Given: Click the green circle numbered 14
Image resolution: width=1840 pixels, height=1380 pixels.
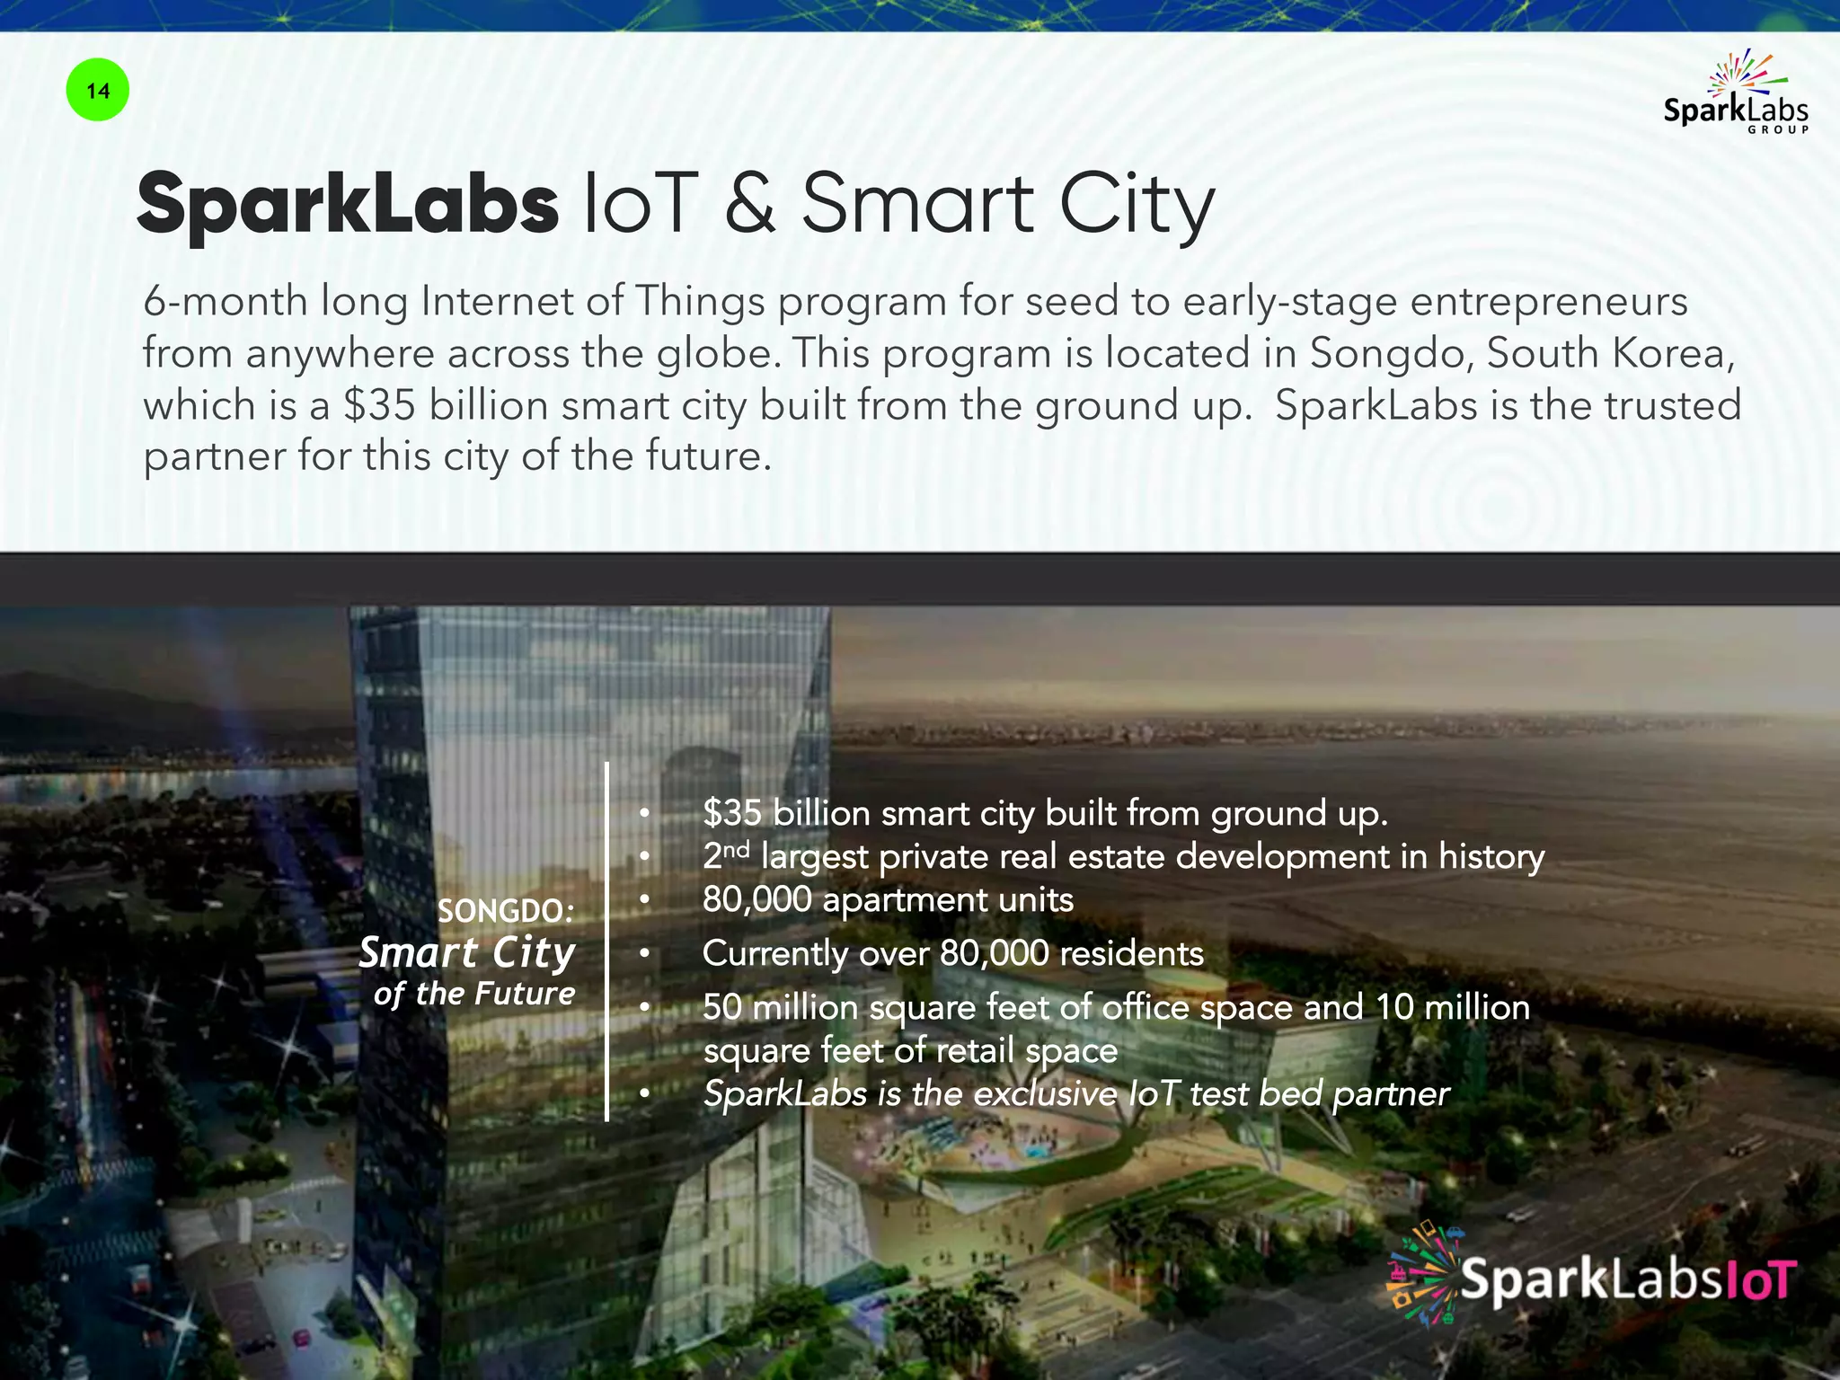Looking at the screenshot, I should click(98, 91).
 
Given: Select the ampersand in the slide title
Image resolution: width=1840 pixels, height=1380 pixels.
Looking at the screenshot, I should click(750, 204).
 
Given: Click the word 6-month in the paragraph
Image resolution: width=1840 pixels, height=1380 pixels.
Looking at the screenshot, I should click(225, 302).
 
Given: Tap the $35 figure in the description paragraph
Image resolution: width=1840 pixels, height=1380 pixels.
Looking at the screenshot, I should click(379, 405).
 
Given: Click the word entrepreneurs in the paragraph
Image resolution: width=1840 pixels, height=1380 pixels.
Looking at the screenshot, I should click(1549, 302).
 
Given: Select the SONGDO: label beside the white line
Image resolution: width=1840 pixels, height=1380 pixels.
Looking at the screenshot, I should click(506, 911).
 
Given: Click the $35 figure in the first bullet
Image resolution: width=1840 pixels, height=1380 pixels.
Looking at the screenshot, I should click(732, 813).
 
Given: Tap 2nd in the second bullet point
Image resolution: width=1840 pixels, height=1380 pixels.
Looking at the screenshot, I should click(725, 855).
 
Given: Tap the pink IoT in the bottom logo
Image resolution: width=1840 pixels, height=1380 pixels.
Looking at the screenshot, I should click(1762, 1280).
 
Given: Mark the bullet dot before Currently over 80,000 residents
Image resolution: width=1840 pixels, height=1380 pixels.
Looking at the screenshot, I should click(644, 954).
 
